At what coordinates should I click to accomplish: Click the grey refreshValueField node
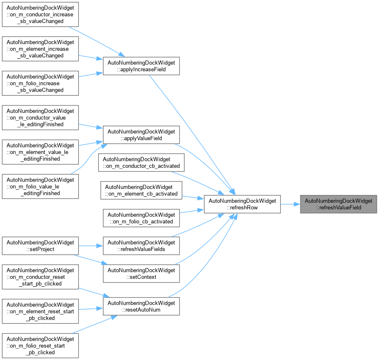(338, 204)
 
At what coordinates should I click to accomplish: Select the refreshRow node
(242, 204)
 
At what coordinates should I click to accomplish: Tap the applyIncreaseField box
(141, 66)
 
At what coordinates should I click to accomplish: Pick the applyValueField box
(141, 135)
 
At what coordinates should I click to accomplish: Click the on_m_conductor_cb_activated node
(141, 162)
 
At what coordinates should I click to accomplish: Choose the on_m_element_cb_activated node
(141, 190)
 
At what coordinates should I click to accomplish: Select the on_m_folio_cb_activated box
(141, 218)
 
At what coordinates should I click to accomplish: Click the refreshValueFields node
(141, 246)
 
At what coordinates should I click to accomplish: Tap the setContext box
(141, 273)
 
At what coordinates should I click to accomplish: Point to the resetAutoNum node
(141, 306)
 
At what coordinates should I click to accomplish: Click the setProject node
(40, 246)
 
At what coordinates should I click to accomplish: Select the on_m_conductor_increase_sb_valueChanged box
(40, 15)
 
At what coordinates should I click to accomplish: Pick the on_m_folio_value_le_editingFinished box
(40, 186)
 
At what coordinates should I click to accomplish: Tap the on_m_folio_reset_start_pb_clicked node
(40, 346)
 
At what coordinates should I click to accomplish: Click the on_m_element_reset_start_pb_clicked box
(40, 311)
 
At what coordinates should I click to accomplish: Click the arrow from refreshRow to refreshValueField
(290, 204)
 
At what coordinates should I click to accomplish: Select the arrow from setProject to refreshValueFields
(91, 246)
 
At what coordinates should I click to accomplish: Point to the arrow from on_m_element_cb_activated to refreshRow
(193, 198)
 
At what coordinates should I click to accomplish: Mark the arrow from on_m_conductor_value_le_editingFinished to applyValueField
(91, 127)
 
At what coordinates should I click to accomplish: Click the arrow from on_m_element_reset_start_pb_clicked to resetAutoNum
(91, 309)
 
